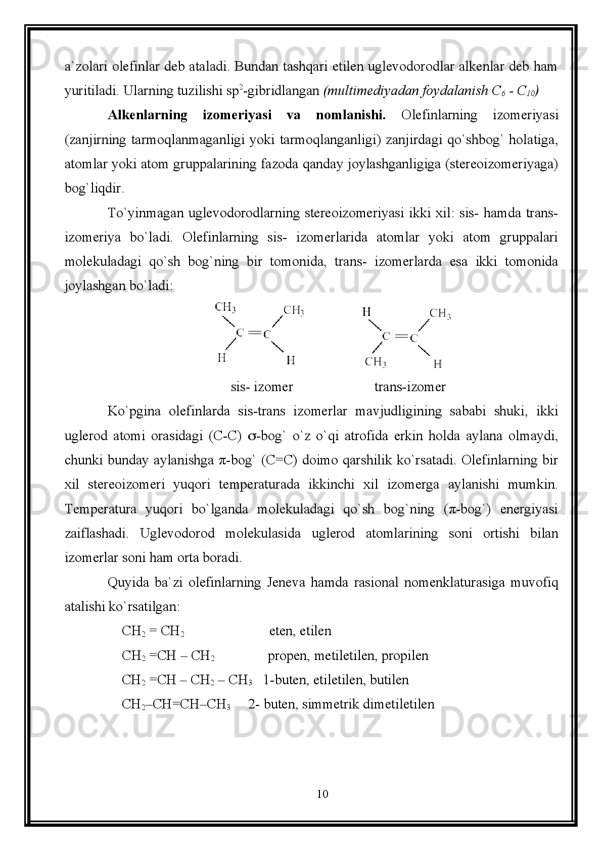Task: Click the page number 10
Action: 322,794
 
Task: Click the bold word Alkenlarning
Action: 148,115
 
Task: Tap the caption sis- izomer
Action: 262,387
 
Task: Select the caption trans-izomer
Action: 410,387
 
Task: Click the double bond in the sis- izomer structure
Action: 254,333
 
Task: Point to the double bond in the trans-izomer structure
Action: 400,336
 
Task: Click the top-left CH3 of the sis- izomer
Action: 225,307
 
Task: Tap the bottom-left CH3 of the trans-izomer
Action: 376,361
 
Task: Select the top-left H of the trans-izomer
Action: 367,312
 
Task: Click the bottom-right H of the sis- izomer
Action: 291,360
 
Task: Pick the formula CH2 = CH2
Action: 153,632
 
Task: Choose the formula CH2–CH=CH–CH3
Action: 176,704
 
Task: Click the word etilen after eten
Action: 315,631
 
